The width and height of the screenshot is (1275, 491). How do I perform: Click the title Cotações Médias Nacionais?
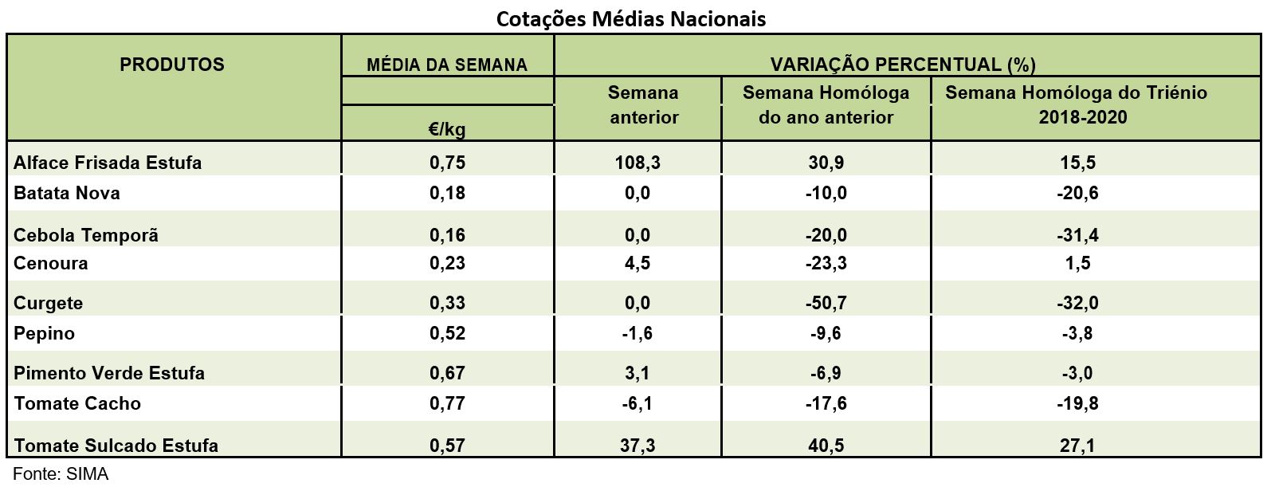(631, 18)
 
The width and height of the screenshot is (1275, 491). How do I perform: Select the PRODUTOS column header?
(172, 65)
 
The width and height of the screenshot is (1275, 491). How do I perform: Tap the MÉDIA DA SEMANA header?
(447, 65)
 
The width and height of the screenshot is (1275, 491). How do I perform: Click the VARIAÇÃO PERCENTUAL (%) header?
(903, 65)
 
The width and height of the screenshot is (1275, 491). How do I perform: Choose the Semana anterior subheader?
(643, 105)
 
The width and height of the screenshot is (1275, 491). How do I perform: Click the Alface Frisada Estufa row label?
(108, 163)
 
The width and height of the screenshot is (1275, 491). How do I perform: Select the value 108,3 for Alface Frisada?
(637, 163)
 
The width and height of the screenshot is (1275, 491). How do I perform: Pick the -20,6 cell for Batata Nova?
(1079, 193)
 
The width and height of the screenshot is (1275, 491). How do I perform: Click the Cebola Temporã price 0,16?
(447, 235)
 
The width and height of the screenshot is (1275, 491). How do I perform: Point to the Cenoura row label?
(51, 263)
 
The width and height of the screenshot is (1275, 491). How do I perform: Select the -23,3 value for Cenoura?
(826, 263)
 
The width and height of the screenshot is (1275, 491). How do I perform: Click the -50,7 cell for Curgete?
(826, 303)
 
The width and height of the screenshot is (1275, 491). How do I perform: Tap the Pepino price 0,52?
(447, 333)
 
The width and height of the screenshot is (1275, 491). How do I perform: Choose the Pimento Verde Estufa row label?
(109, 373)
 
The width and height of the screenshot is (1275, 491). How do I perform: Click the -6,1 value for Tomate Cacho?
(637, 403)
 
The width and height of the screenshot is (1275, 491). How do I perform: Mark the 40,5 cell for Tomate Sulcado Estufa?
(826, 445)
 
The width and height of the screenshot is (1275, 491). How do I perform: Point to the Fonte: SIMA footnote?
(61, 474)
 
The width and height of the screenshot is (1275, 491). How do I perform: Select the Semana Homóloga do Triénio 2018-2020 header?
(1076, 105)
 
